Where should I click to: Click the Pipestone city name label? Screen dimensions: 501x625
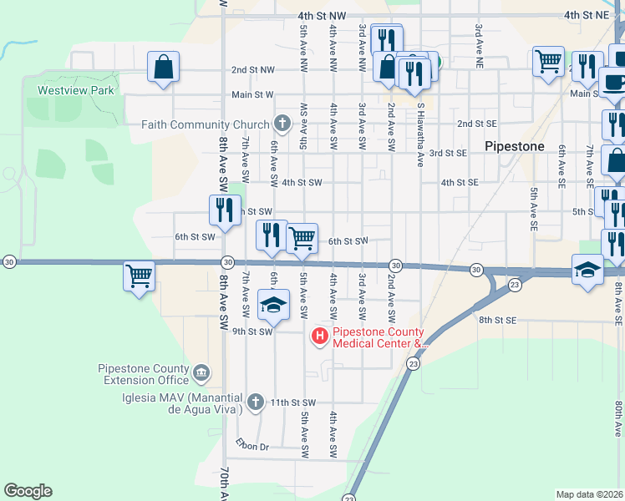[514, 146]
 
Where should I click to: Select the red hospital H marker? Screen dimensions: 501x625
[318, 337]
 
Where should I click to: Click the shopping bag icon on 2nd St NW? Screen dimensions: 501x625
[164, 67]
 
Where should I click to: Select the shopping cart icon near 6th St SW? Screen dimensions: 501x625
[302, 238]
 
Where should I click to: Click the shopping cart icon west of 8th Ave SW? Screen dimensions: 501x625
[139, 275]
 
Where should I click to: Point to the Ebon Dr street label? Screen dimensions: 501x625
[252, 447]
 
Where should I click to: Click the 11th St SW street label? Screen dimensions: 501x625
[292, 402]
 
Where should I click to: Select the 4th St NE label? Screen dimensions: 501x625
[583, 15]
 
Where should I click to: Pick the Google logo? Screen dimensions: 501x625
[28, 491]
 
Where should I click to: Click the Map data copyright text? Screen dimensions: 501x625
[589, 494]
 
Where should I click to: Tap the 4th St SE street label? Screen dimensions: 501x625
[460, 182]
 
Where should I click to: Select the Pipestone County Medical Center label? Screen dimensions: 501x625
[380, 337]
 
